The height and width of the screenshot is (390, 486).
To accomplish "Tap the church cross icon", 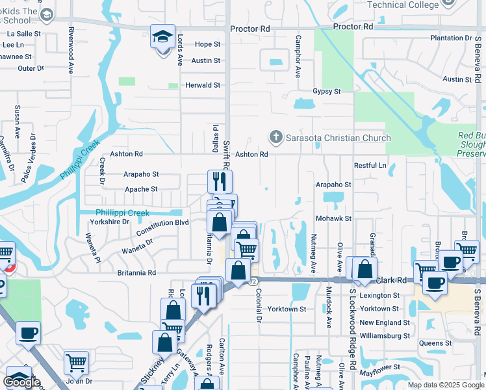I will pyautogui.click(x=275, y=137).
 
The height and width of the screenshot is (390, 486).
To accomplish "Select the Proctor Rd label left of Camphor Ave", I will pyautogui.click(x=250, y=29).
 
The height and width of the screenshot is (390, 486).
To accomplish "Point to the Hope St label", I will pyautogui.click(x=207, y=44).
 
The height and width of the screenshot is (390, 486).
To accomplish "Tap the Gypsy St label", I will pyautogui.click(x=326, y=92).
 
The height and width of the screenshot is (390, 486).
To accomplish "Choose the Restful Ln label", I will pyautogui.click(x=370, y=166).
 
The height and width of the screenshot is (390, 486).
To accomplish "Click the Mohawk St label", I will pyautogui.click(x=333, y=219).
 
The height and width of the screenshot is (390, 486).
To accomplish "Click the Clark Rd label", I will pyautogui.click(x=391, y=280).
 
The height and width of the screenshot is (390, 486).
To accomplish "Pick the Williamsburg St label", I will pyautogui.click(x=385, y=336).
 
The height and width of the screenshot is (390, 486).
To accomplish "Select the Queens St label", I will pyautogui.click(x=436, y=343).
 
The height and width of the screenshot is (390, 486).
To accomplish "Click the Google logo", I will pyautogui.click(x=21, y=382).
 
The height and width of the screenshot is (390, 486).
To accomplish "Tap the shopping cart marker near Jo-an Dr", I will pyautogui.click(x=77, y=362).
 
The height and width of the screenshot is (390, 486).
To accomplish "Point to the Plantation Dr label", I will pyautogui.click(x=454, y=38).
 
